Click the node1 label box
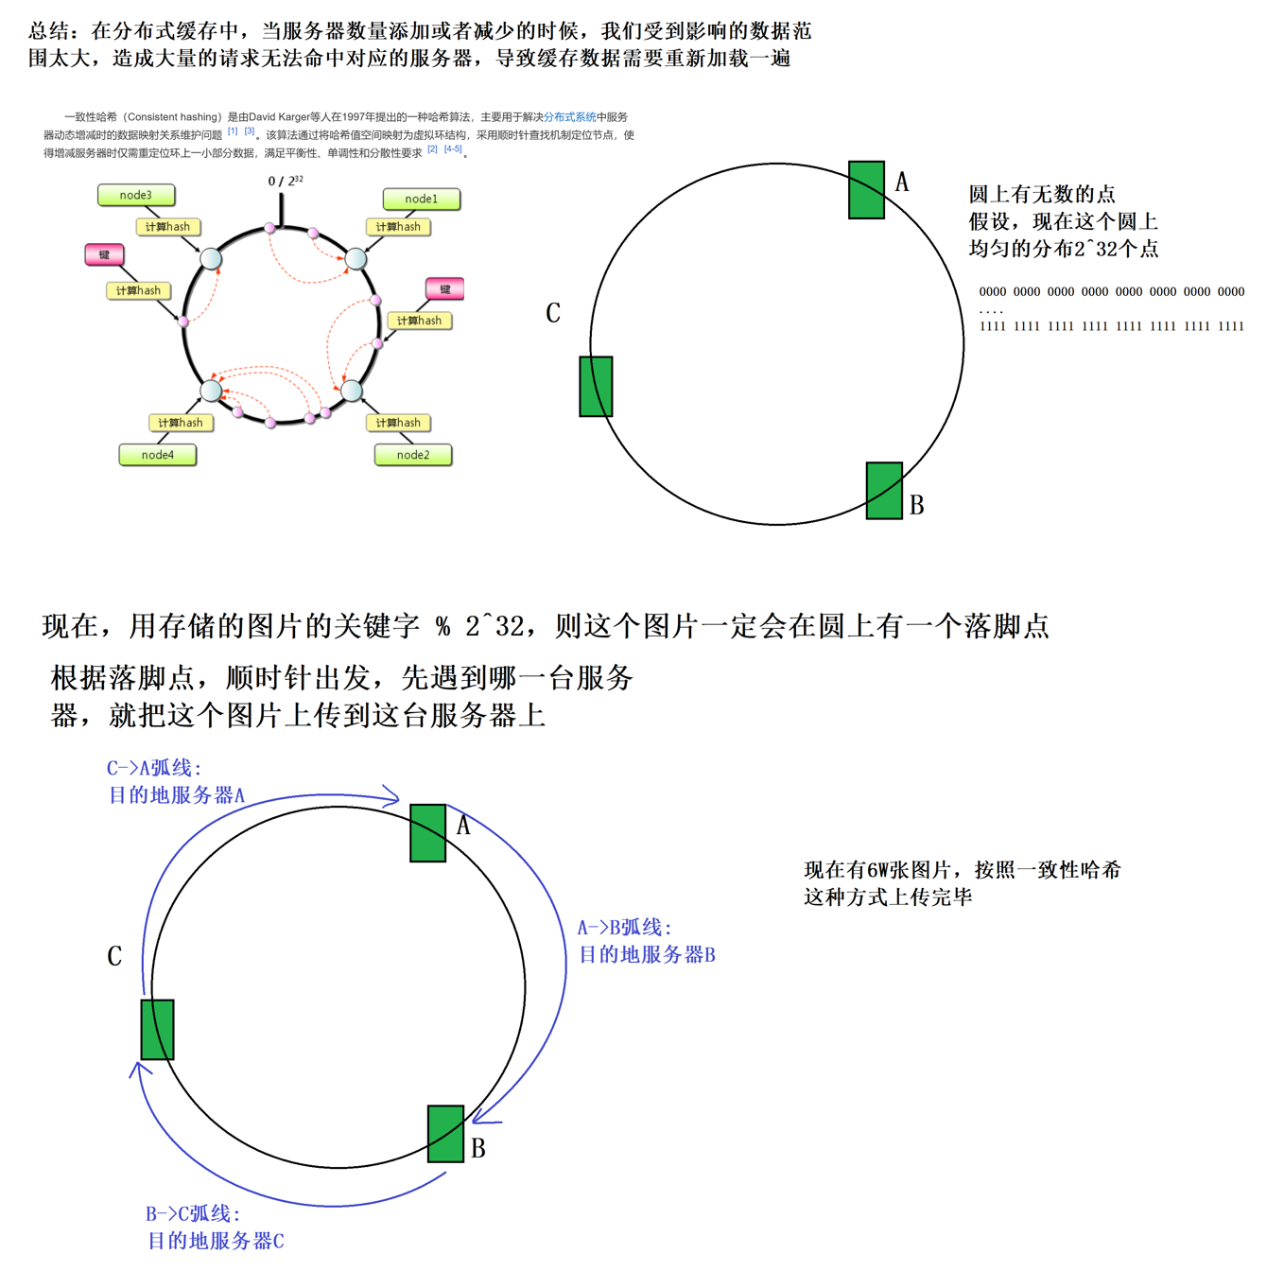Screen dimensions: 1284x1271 (x=421, y=199)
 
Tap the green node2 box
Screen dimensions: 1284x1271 (x=412, y=455)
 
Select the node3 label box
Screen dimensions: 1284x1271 (x=136, y=195)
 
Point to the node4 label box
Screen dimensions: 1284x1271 (x=157, y=455)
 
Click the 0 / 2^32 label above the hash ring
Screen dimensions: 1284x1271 (x=285, y=180)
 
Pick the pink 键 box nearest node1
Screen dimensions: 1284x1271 (x=444, y=288)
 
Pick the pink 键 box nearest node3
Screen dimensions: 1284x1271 (x=104, y=254)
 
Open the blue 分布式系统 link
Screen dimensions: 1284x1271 (x=569, y=117)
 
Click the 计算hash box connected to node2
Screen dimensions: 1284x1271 (x=398, y=423)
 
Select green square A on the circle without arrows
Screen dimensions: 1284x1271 (x=866, y=190)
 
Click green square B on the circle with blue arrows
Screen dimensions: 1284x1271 (x=445, y=1133)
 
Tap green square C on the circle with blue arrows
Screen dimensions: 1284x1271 (x=157, y=1029)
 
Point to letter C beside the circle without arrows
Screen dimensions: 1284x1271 (x=553, y=313)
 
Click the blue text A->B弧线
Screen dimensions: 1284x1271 (x=624, y=928)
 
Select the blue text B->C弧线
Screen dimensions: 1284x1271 (x=193, y=1213)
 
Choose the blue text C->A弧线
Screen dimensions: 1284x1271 (x=154, y=768)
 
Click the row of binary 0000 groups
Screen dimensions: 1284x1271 (x=1111, y=292)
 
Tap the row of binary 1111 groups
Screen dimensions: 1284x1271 (x=1111, y=326)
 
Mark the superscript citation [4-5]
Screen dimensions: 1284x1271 (x=453, y=149)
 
